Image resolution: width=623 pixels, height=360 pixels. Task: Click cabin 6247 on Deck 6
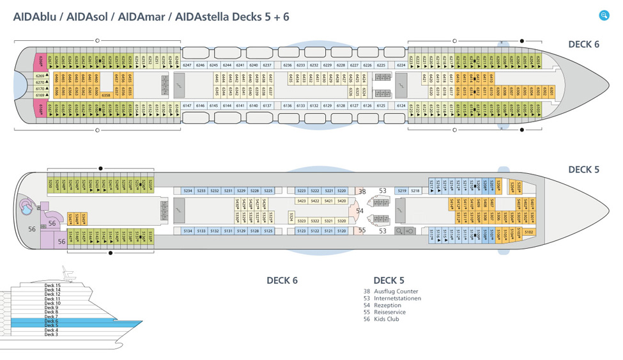coord(187,65)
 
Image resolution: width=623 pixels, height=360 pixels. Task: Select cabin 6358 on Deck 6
coord(107,95)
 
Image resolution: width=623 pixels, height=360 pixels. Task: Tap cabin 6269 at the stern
coord(40,76)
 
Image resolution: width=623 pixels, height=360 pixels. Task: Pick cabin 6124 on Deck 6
coord(401,106)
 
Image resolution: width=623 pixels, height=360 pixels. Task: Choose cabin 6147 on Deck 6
coord(187,106)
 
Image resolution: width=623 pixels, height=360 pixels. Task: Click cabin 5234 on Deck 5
coord(188,191)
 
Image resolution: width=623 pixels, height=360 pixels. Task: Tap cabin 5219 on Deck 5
coord(402,191)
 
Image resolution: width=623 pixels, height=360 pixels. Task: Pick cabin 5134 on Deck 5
coord(188,231)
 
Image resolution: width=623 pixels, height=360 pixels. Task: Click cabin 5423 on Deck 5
coord(302,201)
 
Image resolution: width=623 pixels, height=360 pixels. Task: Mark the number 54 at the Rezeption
coord(360,211)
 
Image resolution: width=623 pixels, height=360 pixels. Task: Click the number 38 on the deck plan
coord(362,191)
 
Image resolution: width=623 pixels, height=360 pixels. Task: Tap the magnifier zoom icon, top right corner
coord(604,15)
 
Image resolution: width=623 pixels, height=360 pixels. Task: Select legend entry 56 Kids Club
coord(383,319)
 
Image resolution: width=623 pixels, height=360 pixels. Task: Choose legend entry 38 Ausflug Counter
coord(390,292)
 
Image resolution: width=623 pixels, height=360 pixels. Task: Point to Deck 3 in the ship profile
coord(51,334)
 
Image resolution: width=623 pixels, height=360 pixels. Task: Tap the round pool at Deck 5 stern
coord(28,206)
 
